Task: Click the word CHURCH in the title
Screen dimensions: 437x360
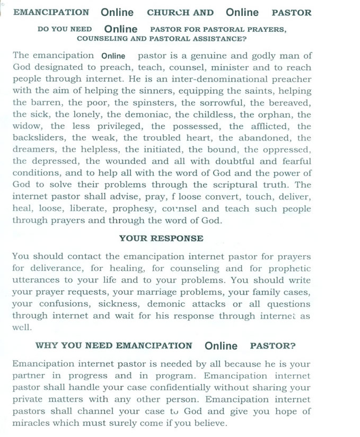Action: pos(180,13)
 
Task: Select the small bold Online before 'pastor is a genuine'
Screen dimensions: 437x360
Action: pos(113,56)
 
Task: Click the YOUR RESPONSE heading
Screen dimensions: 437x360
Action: pos(161,239)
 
